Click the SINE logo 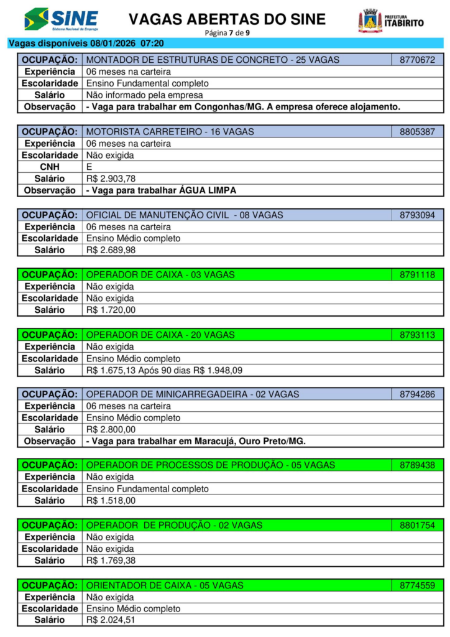click(x=61, y=19)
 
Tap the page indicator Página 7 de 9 click(x=227, y=32)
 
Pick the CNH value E click(x=89, y=167)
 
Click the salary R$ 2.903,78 click(x=111, y=179)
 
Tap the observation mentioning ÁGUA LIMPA click(x=161, y=190)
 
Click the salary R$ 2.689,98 click(x=111, y=250)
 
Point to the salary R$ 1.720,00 click(x=111, y=310)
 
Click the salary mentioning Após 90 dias click(x=164, y=370)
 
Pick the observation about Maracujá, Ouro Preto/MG click(x=196, y=441)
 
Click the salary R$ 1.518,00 click(x=111, y=500)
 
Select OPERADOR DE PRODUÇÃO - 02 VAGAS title click(x=174, y=526)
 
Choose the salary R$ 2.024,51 click(x=111, y=620)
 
